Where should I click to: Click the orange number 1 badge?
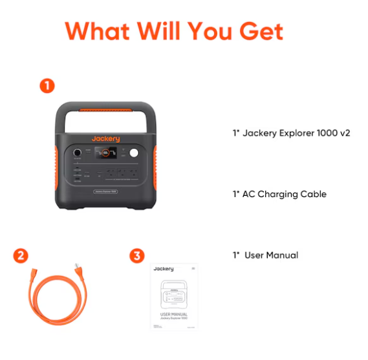47,85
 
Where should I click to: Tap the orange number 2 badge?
21,255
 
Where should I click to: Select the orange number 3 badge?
136,255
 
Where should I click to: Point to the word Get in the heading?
259,30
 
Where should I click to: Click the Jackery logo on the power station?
105,139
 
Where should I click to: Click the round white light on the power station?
135,154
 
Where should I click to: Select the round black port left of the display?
78,154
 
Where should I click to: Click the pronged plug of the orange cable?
80,271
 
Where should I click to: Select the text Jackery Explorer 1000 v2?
291,134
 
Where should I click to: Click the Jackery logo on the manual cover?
163,268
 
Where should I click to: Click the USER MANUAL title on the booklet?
174,314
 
